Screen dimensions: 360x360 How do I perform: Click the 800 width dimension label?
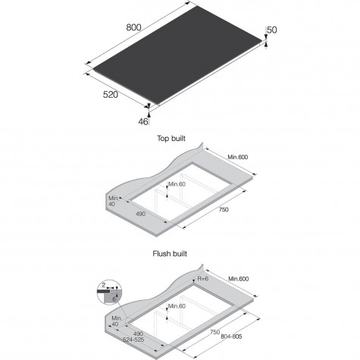point(133,27)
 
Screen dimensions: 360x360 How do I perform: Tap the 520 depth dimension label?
point(111,95)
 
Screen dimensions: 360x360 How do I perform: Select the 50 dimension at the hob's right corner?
point(272,30)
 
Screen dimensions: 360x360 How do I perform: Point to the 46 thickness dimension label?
point(143,121)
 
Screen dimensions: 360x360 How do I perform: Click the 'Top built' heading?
point(171,139)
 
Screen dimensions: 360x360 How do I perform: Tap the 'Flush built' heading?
point(170,253)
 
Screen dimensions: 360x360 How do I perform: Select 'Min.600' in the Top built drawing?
point(238,157)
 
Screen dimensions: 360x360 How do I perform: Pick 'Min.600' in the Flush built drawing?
point(239,279)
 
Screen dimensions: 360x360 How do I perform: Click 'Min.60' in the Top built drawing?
point(177,184)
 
